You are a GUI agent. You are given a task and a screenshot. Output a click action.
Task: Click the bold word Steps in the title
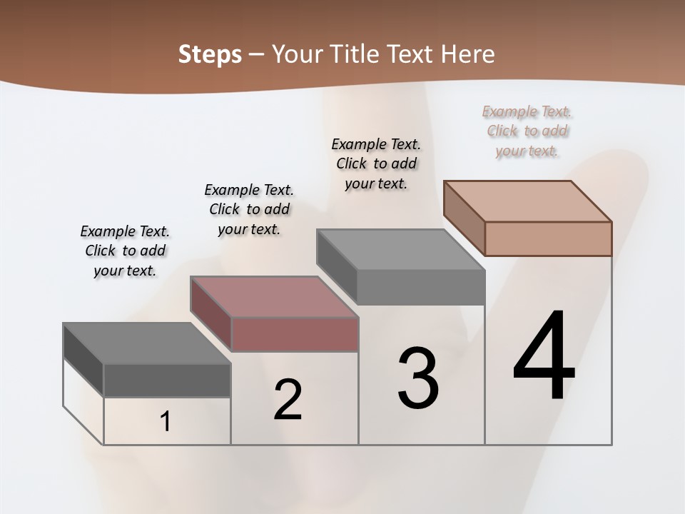[210, 54]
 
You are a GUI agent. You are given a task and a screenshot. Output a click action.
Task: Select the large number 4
[544, 357]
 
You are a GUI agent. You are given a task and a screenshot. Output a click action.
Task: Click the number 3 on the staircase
[418, 379]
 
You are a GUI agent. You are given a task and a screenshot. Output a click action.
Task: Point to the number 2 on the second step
[288, 400]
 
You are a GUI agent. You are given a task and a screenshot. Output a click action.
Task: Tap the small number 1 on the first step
[166, 422]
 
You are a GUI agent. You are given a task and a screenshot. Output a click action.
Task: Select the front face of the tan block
[548, 238]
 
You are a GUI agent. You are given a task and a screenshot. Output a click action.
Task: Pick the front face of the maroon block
[295, 334]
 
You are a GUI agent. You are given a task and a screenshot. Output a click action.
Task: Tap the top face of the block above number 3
[400, 250]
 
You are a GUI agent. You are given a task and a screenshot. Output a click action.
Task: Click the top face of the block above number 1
[147, 343]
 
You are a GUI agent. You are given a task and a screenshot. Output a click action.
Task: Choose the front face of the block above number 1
[167, 381]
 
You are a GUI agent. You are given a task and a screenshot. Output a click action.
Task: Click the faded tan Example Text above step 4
[527, 131]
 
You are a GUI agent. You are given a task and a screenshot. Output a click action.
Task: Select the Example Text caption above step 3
[376, 163]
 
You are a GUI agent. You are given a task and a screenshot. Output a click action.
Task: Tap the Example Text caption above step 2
[249, 209]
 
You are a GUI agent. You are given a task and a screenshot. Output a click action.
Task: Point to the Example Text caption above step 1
[125, 251]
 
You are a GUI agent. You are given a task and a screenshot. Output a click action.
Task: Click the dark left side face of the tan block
[464, 218]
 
